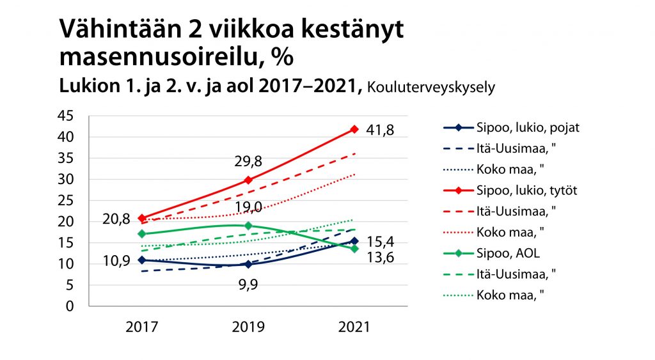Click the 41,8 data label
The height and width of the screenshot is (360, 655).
(x=380, y=130)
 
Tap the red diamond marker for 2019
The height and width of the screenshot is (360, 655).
(x=248, y=180)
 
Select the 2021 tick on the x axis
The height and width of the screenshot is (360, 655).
(x=354, y=327)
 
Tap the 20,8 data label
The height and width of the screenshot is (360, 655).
(x=116, y=219)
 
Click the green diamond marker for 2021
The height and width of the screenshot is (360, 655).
(x=354, y=248)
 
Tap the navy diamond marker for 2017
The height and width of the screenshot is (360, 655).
(x=141, y=260)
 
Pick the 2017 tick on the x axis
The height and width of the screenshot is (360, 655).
(x=141, y=327)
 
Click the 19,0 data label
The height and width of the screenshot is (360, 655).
(x=248, y=207)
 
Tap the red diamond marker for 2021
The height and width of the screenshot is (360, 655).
(x=354, y=130)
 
